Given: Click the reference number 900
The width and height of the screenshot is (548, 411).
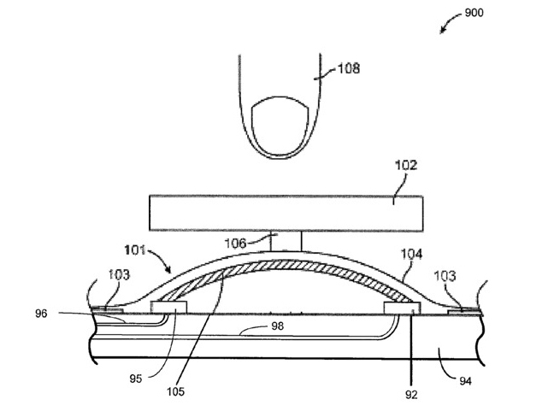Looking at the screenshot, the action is (474, 13).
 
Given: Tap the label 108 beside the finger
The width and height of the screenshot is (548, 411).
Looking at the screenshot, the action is (349, 68).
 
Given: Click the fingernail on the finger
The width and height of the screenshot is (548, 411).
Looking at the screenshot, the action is (280, 126).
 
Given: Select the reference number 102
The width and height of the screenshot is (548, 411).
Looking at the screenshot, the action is (406, 165).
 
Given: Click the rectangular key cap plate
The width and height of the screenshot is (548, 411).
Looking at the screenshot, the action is (286, 213).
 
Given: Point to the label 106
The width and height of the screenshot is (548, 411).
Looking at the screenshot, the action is (235, 243).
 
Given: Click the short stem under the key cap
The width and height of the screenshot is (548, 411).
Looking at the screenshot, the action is (286, 241).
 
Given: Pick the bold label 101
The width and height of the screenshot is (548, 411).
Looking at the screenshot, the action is (135, 250).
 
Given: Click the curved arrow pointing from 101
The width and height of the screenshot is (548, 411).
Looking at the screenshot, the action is (162, 258).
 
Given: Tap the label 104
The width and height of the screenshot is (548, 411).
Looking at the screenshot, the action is (411, 254).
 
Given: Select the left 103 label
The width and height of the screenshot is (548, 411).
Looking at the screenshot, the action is (119, 275).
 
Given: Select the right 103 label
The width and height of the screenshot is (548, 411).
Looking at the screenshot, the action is (445, 276).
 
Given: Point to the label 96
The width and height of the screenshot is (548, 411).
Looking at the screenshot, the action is (41, 314).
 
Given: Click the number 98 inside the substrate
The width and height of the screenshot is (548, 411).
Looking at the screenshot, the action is (278, 326).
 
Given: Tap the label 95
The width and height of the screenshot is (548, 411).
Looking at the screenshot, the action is (136, 379).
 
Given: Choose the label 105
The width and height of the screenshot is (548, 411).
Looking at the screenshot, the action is (175, 392).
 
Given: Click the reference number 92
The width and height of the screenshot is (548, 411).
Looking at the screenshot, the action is (411, 395).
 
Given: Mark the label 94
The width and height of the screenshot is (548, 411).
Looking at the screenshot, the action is (465, 381).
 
